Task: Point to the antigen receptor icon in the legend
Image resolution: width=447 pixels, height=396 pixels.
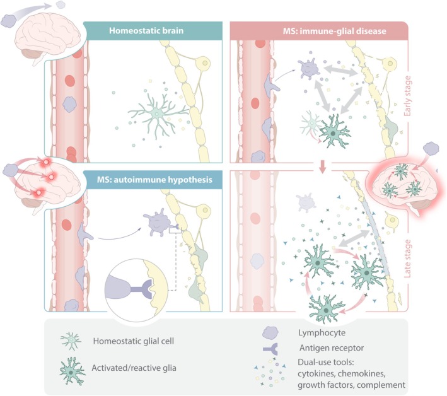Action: click(272, 347)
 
